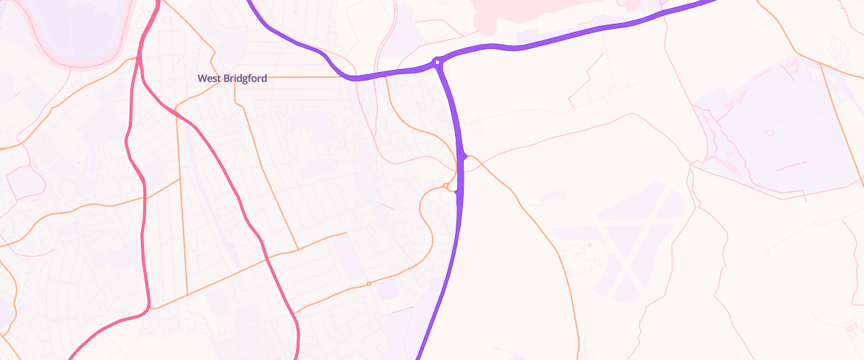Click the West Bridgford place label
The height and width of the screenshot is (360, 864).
click(x=232, y=78)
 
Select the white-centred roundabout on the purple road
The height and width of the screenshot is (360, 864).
click(x=437, y=63)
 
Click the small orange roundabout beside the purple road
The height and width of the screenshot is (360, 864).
click(x=446, y=186)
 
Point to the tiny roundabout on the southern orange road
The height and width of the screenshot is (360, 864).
click(x=369, y=284)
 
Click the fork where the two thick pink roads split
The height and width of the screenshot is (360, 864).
click(x=142, y=72)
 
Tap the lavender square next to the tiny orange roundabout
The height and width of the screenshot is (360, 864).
click(x=387, y=290)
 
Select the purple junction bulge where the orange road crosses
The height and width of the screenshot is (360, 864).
click(x=464, y=156)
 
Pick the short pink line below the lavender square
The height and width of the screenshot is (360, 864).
click(x=403, y=309)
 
